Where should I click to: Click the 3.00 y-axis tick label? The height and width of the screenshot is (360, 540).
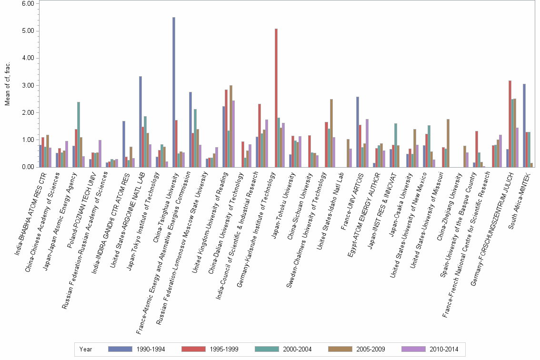tap(28, 86)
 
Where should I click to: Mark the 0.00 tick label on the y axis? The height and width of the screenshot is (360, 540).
tap(28, 167)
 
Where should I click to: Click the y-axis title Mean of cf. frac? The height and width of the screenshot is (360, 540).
tap(8, 86)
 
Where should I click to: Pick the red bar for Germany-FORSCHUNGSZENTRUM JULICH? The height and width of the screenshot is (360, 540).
tap(510, 124)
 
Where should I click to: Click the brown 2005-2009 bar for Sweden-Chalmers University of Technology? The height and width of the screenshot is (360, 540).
tap(331, 133)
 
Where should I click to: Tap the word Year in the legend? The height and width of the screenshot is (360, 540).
tap(86, 349)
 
